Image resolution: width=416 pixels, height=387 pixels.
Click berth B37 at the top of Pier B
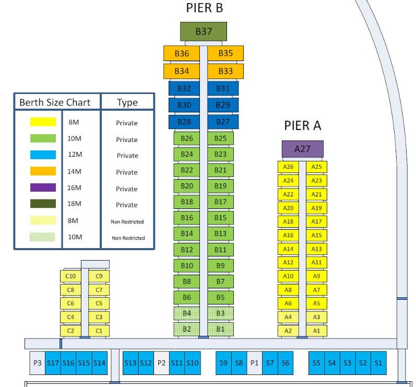(x=204, y=31)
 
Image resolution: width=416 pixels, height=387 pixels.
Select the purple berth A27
(x=302, y=149)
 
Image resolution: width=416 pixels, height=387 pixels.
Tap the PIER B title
(x=205, y=8)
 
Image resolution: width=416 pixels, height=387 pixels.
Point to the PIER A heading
(x=303, y=125)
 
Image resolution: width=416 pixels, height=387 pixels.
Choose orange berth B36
(x=182, y=53)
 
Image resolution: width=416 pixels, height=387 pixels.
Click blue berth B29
(x=223, y=105)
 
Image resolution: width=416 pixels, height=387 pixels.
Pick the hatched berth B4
(x=187, y=313)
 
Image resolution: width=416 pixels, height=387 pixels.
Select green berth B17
(x=220, y=202)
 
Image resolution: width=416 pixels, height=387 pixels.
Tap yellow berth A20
(x=288, y=208)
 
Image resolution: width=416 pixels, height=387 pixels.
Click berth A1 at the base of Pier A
(x=316, y=331)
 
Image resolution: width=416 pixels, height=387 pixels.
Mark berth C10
(x=70, y=276)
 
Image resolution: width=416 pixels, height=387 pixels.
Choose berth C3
(x=99, y=317)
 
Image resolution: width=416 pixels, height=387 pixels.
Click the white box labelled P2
(x=161, y=363)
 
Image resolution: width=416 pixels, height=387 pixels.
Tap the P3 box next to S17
(x=37, y=363)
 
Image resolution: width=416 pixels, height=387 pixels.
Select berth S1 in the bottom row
(x=378, y=363)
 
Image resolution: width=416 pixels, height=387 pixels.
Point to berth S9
(x=223, y=363)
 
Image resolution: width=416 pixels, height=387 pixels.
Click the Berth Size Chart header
(x=55, y=102)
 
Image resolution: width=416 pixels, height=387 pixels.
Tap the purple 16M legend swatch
(x=43, y=187)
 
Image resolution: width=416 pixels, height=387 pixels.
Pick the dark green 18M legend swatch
(x=43, y=204)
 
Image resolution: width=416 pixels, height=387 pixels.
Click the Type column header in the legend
(x=127, y=102)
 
